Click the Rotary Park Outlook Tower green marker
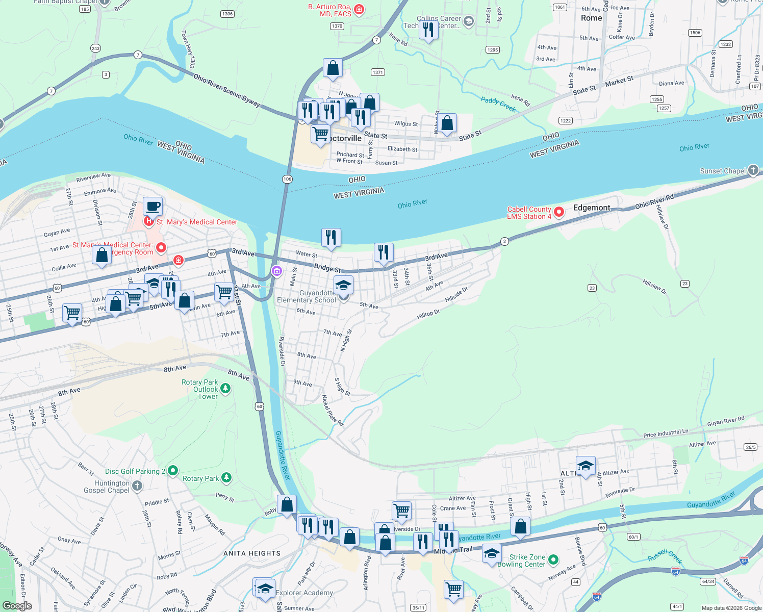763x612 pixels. tap(225, 389)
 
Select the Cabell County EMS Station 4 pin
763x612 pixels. tap(559, 212)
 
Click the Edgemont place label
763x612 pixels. tap(592, 208)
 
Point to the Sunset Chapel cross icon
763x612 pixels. tap(753, 171)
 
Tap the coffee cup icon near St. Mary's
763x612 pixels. tap(152, 207)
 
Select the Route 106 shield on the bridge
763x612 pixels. tap(287, 179)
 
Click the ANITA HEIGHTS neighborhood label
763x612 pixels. tap(252, 553)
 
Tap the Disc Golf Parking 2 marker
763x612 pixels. tap(173, 471)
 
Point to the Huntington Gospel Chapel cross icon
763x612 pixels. tap(137, 486)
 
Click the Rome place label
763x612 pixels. tap(591, 18)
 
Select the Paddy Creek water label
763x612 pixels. tap(498, 104)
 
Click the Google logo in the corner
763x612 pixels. tap(17, 606)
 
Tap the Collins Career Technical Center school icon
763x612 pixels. tap(469, 21)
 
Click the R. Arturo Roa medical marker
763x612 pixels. tap(359, 10)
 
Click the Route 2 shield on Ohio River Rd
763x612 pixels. tap(504, 241)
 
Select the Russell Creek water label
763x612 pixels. tap(665, 556)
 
